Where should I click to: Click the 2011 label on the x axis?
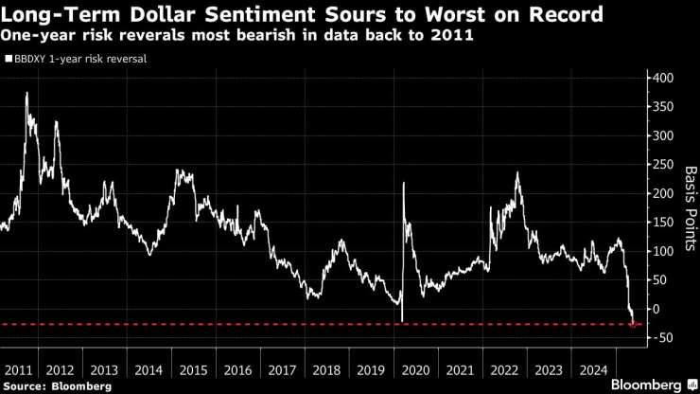[x=19, y=370]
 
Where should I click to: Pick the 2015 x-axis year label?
[x=193, y=370]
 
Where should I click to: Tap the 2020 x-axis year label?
[x=416, y=370]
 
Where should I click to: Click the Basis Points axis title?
[x=690, y=209]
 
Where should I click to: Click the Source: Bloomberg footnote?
[x=57, y=386]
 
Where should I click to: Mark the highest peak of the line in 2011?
[x=26, y=93]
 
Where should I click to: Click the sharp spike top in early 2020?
[x=404, y=183]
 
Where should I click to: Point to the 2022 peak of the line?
[x=517, y=172]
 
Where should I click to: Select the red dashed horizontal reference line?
[x=284, y=324]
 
